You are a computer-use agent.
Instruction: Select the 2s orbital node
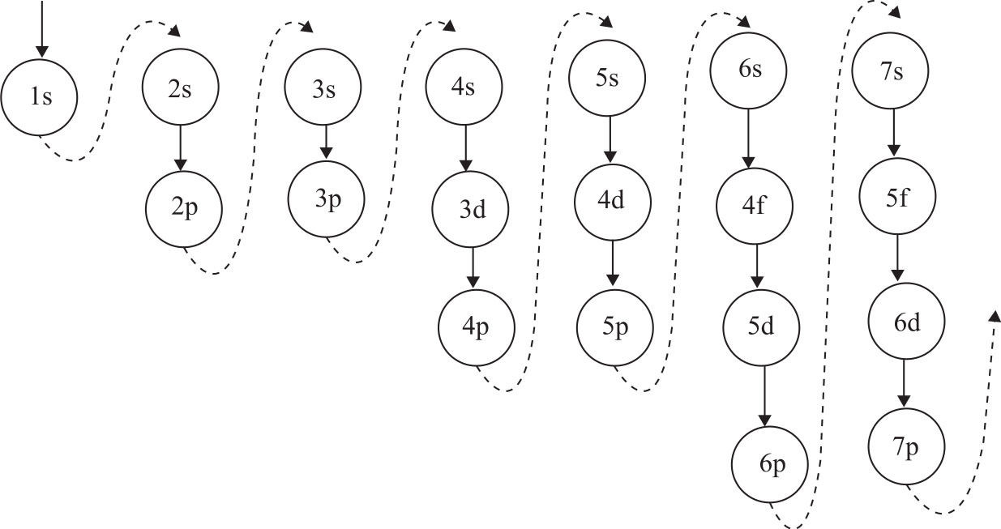(180, 90)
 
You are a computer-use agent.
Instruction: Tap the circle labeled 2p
(183, 207)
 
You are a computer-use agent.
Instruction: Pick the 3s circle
(323, 89)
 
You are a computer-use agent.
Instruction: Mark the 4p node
(476, 328)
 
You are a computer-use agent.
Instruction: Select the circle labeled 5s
(607, 79)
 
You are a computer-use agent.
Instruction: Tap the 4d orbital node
(612, 200)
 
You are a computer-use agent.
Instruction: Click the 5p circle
(614, 327)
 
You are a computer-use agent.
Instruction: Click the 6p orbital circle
(770, 464)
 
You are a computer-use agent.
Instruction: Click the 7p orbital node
(907, 448)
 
